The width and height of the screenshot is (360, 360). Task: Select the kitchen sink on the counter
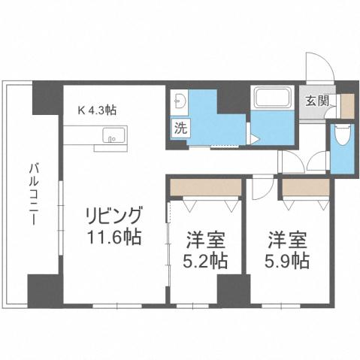click(110, 138)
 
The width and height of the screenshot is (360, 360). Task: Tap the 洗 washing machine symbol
click(181, 127)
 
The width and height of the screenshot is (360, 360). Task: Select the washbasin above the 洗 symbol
click(180, 103)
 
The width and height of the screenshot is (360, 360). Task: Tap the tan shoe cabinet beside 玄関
click(346, 104)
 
